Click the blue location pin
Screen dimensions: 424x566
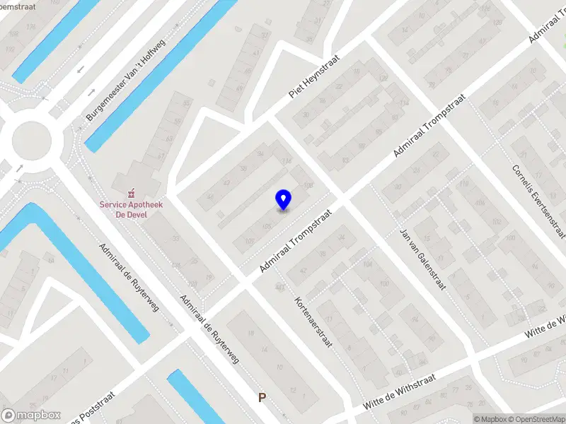[283, 199]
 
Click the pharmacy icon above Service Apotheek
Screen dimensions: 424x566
[129, 193]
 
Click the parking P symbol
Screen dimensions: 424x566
[262, 398]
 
